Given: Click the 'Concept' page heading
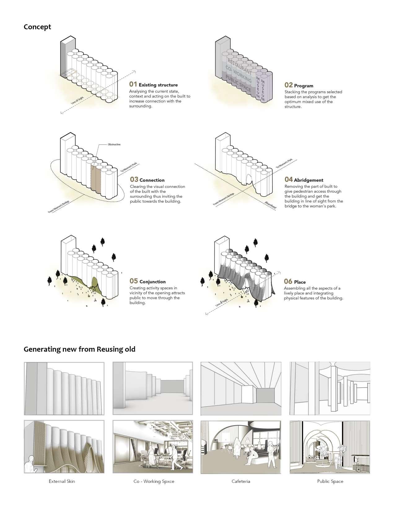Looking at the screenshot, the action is click(x=37, y=27).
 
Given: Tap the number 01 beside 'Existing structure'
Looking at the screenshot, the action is click(x=133, y=84).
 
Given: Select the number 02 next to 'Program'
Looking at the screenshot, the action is click(x=288, y=85).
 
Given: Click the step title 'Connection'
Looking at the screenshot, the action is click(x=152, y=180).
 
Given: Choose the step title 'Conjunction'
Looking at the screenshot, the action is click(x=152, y=282).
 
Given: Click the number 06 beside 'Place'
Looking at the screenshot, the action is click(x=288, y=282).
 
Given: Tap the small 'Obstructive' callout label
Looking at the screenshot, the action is click(x=114, y=144).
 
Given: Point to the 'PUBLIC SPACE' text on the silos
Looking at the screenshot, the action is click(x=239, y=83).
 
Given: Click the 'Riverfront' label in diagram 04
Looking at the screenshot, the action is click(x=270, y=206).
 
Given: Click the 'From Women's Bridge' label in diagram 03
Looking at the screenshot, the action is click(x=59, y=206).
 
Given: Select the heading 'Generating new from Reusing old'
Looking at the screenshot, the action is click(x=79, y=349).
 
